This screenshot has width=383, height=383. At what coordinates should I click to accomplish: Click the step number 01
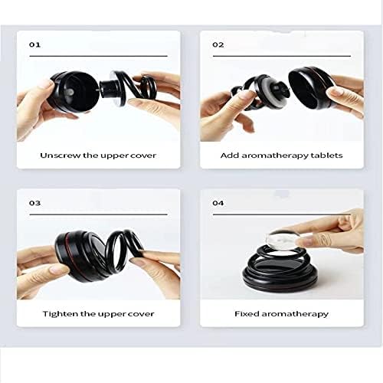[x=34, y=44]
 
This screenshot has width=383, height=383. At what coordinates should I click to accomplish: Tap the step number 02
[x=218, y=44]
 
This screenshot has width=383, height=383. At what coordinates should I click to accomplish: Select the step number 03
[x=34, y=203]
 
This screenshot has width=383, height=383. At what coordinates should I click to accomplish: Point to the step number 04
[x=218, y=203]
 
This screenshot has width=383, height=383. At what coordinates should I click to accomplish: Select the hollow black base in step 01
[x=73, y=92]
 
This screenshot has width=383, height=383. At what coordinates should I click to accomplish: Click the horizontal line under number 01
[x=99, y=56]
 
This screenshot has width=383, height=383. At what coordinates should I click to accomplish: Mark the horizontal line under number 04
[x=282, y=214]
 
